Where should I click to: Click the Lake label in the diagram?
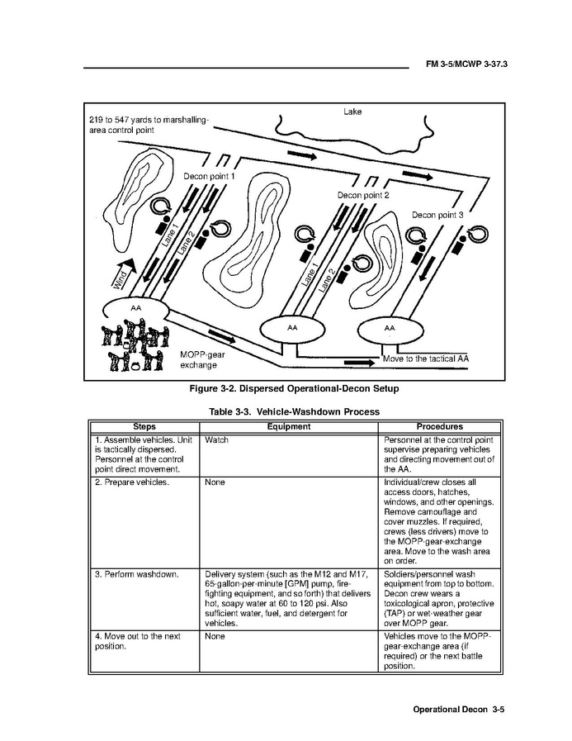click(x=352, y=112)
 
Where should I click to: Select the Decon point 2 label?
click(x=363, y=195)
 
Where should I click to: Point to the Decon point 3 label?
click(x=437, y=215)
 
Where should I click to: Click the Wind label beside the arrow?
click(x=121, y=276)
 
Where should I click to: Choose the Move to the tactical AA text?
click(x=426, y=359)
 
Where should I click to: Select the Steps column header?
click(x=144, y=427)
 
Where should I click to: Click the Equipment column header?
click(x=289, y=427)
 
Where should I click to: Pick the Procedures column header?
click(x=439, y=427)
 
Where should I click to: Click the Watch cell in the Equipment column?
click(x=216, y=440)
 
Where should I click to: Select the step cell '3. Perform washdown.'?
click(x=135, y=573)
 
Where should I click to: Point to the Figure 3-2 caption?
click(x=294, y=388)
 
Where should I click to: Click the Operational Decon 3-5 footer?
click(x=458, y=710)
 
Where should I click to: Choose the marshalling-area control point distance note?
click(x=149, y=125)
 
